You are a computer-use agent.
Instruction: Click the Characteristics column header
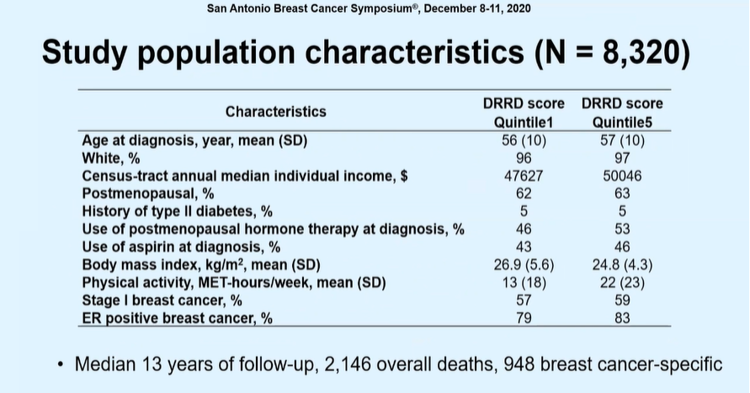click(275, 111)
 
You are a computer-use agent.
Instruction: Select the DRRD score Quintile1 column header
click(524, 112)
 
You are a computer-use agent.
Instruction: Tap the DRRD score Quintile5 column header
click(622, 112)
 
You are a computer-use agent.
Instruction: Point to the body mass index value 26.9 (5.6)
click(524, 264)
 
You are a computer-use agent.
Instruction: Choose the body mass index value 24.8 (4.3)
click(622, 264)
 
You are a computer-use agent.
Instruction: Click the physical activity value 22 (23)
click(622, 282)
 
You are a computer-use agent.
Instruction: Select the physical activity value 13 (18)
click(524, 282)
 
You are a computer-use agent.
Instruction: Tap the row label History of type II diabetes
click(177, 210)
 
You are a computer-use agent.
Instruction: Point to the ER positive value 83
click(622, 317)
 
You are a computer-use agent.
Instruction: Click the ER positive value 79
click(524, 317)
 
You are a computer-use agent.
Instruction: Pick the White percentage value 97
click(622, 157)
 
